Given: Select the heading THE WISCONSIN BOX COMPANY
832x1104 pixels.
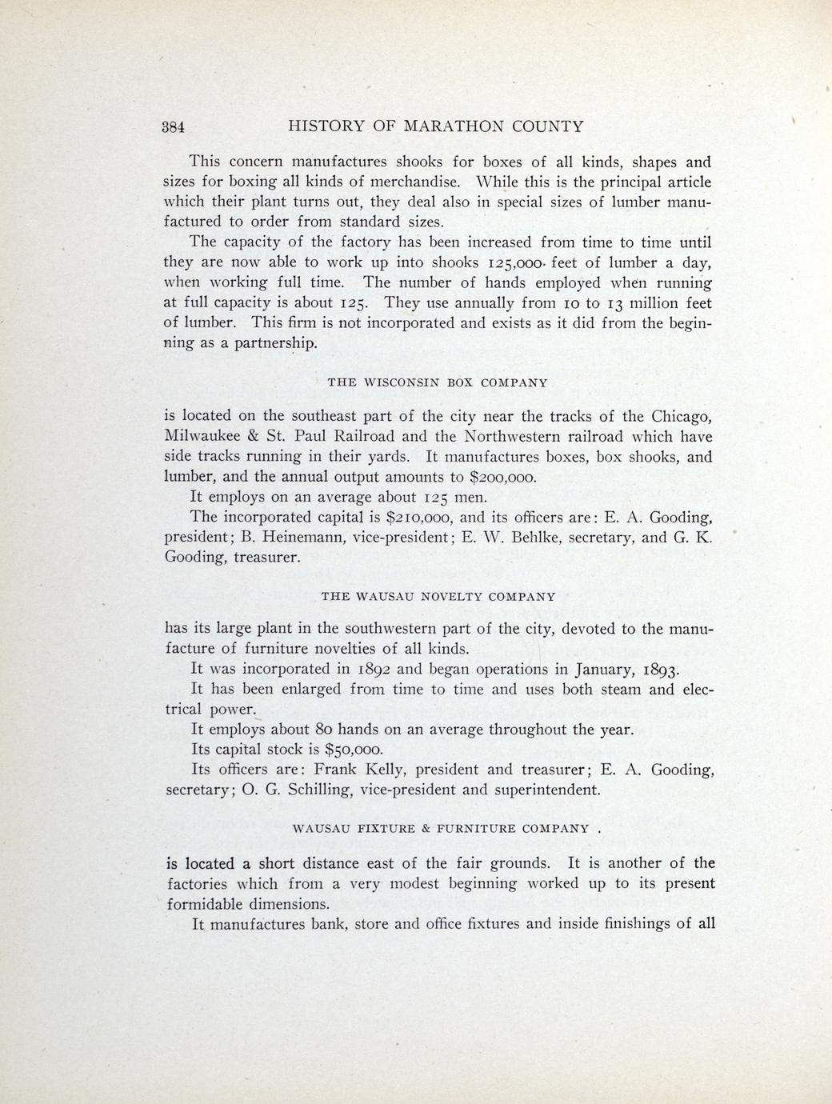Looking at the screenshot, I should point(438,382).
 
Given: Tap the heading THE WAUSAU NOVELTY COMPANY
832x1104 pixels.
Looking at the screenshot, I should point(438,596).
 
